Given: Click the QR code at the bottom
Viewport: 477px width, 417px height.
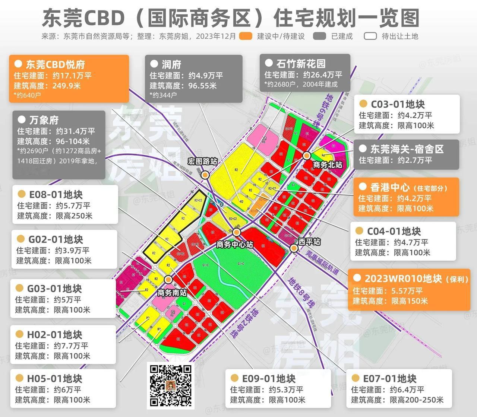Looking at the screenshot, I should [171, 385].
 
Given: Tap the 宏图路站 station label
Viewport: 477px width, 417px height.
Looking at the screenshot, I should [202, 162].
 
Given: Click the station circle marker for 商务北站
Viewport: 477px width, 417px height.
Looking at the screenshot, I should [307, 155].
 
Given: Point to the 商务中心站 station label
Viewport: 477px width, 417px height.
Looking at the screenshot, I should [235, 245].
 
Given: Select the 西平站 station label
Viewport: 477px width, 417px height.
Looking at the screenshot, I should [309, 242].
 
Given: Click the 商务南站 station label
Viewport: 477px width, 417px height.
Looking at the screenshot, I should [172, 293].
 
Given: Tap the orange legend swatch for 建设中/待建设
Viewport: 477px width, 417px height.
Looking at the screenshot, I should [246, 36].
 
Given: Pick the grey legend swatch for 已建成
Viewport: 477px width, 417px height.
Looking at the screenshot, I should [320, 36].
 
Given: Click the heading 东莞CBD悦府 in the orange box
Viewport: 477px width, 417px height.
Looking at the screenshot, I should [55, 64].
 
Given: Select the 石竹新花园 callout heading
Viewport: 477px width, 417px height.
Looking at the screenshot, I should [301, 64].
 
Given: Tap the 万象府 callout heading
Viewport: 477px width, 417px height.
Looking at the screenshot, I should [44, 120].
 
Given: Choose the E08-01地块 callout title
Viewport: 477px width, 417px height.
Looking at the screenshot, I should [56, 195].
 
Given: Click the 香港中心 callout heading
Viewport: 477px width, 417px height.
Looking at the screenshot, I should [390, 187].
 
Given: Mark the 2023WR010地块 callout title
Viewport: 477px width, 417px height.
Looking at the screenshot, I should [403, 278].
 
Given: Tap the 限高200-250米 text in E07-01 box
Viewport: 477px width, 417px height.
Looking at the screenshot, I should [417, 400].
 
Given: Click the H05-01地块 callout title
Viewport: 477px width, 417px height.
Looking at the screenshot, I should [54, 379].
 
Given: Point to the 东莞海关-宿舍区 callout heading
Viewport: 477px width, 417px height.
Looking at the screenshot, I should [407, 149].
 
